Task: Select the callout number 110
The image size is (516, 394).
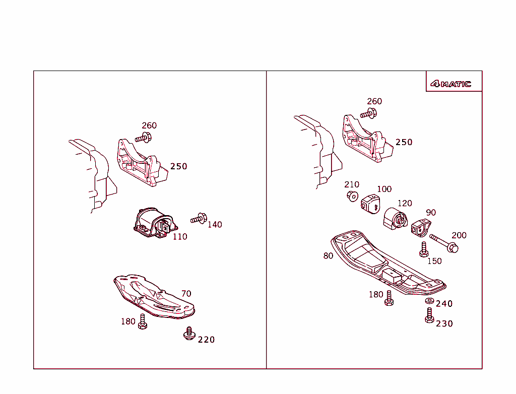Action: click(x=180, y=237)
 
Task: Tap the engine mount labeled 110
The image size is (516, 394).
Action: click(x=153, y=223)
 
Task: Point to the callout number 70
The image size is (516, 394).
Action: click(x=186, y=293)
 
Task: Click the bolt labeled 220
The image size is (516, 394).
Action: click(x=189, y=334)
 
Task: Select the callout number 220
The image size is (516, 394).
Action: click(x=206, y=340)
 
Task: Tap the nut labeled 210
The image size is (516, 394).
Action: click(x=352, y=195)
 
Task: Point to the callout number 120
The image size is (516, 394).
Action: click(x=405, y=204)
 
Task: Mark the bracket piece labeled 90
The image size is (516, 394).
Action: click(x=419, y=228)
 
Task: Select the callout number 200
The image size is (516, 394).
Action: click(x=459, y=235)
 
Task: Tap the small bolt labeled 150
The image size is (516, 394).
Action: click(x=424, y=249)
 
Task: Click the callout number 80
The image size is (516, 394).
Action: click(x=328, y=256)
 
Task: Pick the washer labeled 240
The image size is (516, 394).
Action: click(x=429, y=301)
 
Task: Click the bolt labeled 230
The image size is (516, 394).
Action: click(x=429, y=316)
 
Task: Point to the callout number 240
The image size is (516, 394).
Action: click(x=444, y=304)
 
